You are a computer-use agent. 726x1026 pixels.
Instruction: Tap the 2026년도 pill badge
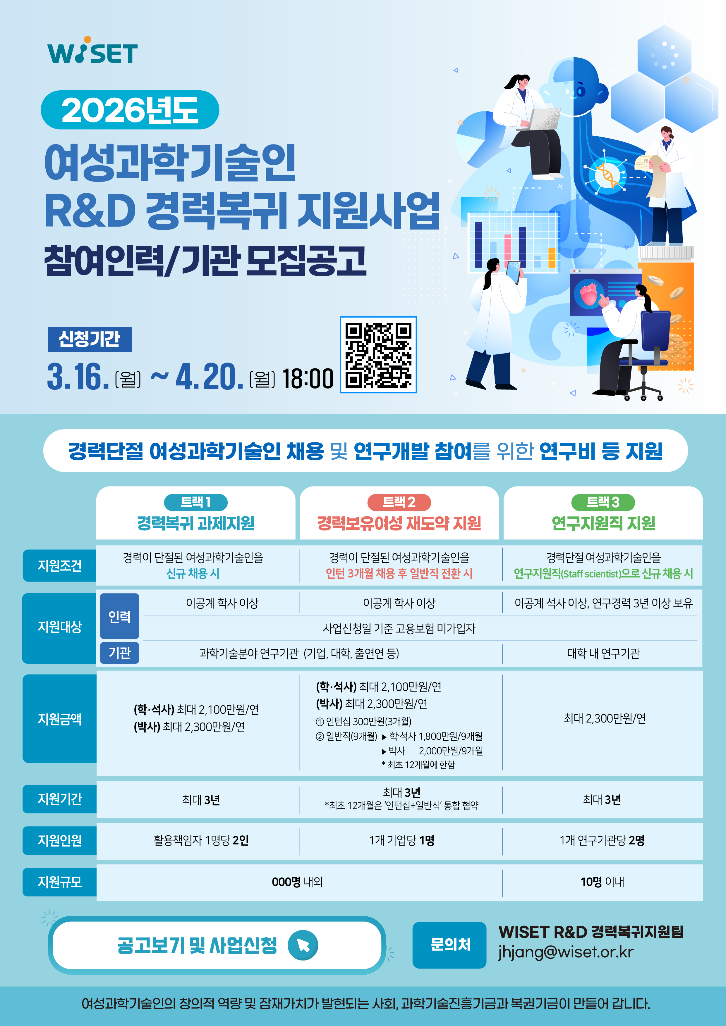coord(130,110)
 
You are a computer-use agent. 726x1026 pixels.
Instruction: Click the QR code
coord(378,355)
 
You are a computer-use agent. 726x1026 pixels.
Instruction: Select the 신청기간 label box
coord(90,339)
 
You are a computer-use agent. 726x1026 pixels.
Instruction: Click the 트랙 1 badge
coord(196,502)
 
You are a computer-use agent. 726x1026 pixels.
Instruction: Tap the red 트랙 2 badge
coord(399,502)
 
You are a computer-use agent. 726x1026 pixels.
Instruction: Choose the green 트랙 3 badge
coord(603,502)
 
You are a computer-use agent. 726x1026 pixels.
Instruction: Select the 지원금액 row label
coord(59,719)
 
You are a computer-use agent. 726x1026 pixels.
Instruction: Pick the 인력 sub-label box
coord(119,616)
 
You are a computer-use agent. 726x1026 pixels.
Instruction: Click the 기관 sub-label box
coord(119,653)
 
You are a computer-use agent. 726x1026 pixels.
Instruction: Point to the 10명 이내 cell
coord(602,882)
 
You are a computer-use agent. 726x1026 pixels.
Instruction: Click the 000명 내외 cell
coord(298,882)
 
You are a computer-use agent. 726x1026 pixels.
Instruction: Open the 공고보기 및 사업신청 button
coord(217,945)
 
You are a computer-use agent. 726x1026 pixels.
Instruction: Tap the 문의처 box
coord(449,945)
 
